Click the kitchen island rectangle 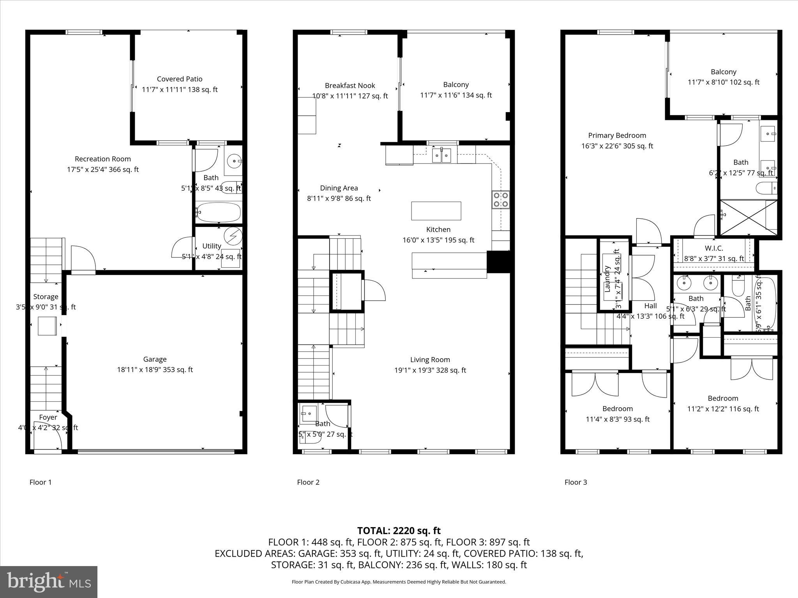pos(436,211)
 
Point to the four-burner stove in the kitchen pos(500,199)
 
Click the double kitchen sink pos(441,155)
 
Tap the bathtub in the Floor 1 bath pos(218,212)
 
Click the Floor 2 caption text pos(308,482)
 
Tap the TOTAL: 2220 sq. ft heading pos(399,531)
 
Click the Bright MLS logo pos(49,582)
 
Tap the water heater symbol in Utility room pos(233,236)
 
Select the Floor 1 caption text pos(41,482)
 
